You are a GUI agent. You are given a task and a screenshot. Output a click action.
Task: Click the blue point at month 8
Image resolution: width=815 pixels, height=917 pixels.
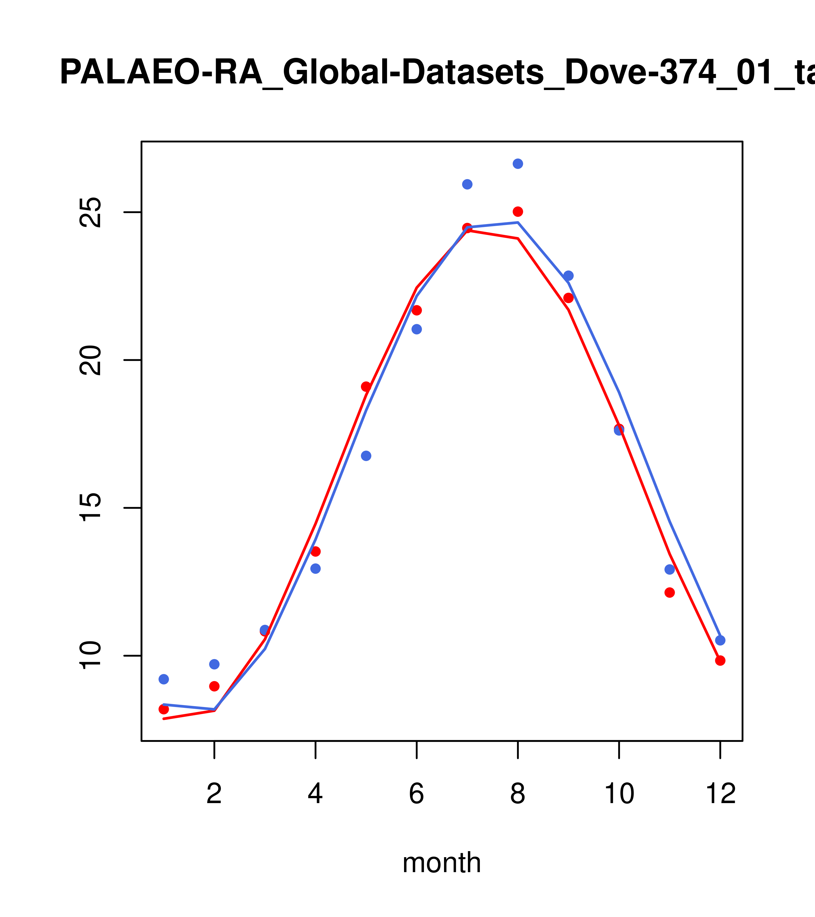point(518,164)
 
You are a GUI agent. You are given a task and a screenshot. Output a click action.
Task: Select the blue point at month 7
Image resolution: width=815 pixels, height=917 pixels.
point(467,184)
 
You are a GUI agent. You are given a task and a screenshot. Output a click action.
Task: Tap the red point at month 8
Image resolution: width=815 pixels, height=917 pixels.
point(518,212)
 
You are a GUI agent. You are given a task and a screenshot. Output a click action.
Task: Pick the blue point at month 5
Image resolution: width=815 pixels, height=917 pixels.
point(366,456)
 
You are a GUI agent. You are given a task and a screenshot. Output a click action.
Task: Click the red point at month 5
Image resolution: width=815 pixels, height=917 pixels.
point(366,387)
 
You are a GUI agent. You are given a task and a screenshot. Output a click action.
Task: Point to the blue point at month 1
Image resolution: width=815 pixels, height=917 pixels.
point(164,679)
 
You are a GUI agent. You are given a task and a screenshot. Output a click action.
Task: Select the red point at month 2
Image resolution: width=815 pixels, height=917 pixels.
point(215,686)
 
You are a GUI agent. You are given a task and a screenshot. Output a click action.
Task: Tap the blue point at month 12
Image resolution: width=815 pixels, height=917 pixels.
point(720,641)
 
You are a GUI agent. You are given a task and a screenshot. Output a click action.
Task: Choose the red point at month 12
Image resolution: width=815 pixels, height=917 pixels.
point(720,661)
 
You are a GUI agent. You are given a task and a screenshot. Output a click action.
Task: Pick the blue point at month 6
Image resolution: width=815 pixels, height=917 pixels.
point(417,329)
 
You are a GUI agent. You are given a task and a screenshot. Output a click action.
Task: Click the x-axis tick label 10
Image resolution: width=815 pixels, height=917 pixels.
point(619,794)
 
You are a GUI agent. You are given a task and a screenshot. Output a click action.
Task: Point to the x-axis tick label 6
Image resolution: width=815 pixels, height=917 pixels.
point(417,794)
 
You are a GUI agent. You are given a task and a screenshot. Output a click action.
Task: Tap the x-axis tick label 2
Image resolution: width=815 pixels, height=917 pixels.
point(215,794)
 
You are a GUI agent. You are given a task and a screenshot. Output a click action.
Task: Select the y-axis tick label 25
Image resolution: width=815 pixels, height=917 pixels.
point(90,212)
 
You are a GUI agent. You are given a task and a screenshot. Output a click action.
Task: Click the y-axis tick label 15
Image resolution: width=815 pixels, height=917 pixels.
point(90,508)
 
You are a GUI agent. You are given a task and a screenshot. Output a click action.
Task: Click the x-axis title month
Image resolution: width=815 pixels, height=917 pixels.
point(442,863)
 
